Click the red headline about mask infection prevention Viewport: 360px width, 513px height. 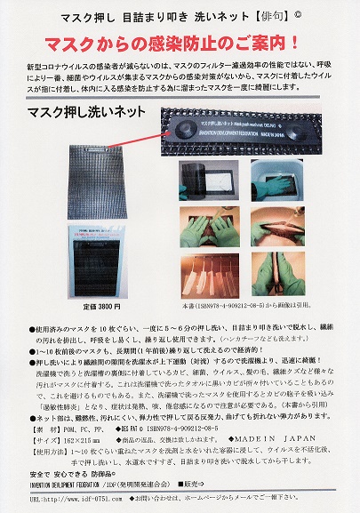click(x=179, y=42)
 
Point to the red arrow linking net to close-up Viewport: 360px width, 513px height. click(x=125, y=124)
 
